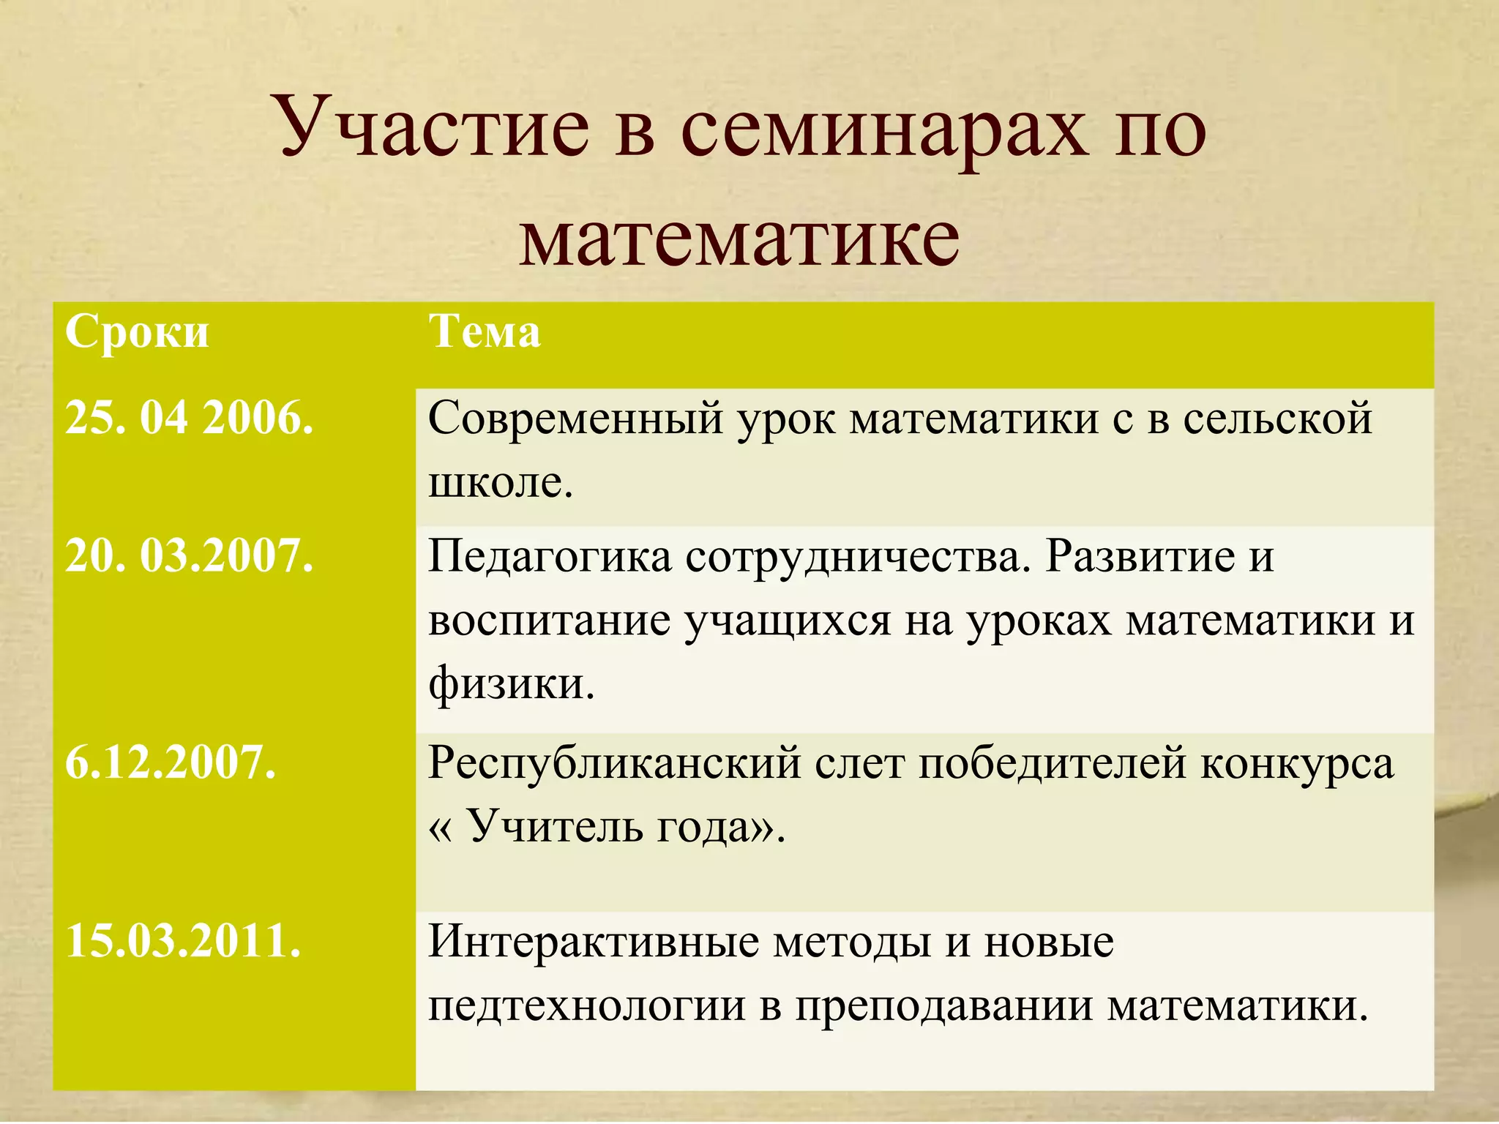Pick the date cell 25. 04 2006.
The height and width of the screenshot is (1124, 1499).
point(190,419)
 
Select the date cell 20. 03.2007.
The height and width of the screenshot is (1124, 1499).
point(190,556)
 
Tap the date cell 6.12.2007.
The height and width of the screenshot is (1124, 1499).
point(171,763)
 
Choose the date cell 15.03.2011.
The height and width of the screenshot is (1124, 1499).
point(183,942)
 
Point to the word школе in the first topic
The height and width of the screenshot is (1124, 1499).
point(500,483)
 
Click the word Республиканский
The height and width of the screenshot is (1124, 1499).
point(615,764)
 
